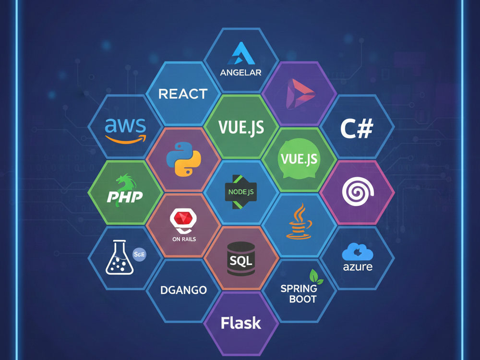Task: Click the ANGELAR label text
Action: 240,72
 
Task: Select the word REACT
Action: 183,94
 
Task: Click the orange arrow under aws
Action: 126,140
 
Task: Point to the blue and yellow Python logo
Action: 183,159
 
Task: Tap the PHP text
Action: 125,197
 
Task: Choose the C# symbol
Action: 357,129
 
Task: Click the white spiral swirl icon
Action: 358,192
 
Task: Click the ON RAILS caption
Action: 184,239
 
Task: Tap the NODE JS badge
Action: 241,192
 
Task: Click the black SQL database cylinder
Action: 241,259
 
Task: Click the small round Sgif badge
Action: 140,254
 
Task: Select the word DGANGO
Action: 184,290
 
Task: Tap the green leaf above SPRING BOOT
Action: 316,276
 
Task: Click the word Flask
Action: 241,323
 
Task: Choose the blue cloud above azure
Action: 358,252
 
